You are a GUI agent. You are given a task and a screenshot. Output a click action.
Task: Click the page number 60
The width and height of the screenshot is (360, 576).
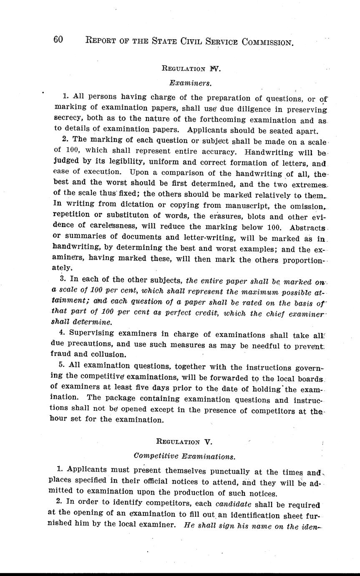[58, 40]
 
